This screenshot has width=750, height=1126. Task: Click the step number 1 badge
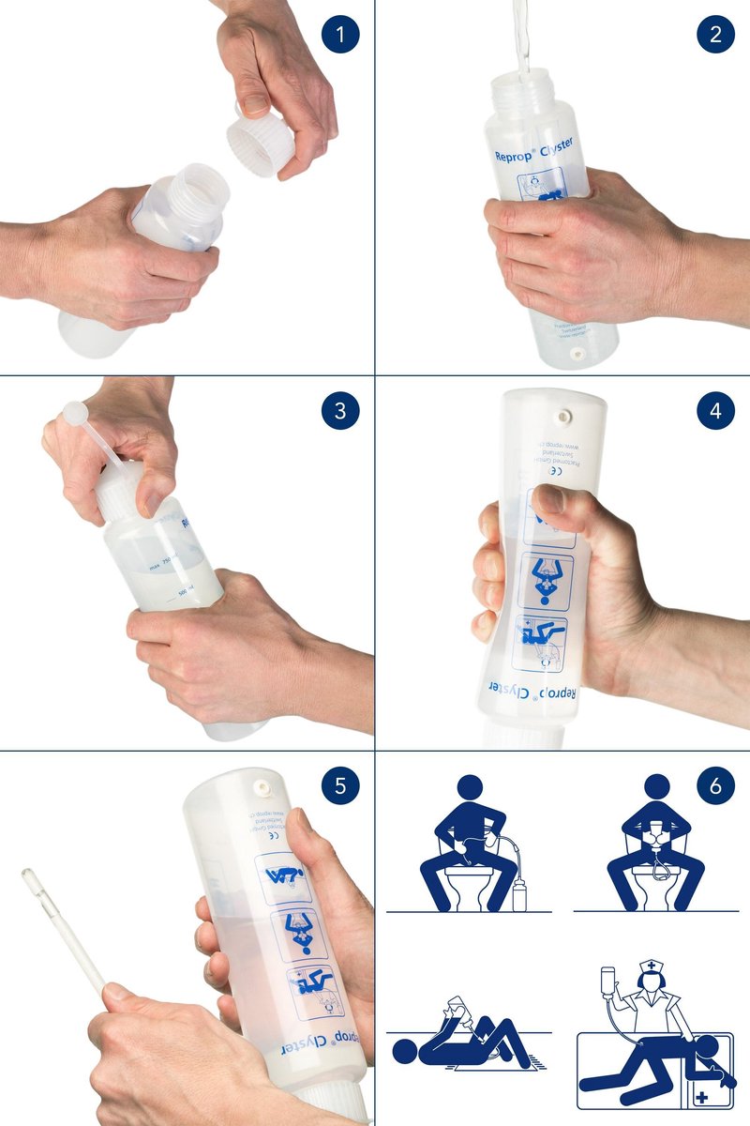point(340,36)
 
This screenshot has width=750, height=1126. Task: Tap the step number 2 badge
point(715,36)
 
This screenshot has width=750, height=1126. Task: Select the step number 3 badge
point(340,411)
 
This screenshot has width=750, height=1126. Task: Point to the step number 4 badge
point(715,411)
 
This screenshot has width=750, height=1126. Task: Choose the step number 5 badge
point(340,786)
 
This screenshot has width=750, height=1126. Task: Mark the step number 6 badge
point(715,786)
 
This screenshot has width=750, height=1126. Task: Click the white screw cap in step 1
point(256,144)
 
